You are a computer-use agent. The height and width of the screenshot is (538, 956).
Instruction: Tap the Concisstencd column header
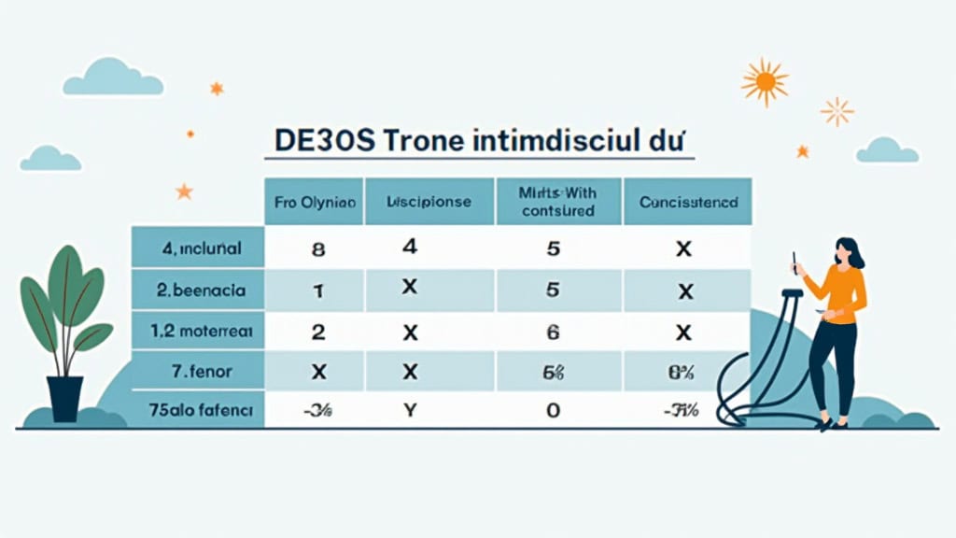[688, 202]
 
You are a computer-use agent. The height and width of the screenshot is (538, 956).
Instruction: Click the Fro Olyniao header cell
[316, 202]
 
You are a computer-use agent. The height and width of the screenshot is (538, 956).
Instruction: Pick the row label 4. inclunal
[200, 249]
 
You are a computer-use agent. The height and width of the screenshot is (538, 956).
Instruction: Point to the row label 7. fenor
[200, 371]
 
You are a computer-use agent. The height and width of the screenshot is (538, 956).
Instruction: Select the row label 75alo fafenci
[200, 408]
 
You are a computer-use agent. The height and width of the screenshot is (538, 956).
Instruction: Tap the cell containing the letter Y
[408, 408]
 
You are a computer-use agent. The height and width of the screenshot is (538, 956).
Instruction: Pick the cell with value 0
[552, 409]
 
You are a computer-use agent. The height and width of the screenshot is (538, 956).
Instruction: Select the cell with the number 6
[552, 332]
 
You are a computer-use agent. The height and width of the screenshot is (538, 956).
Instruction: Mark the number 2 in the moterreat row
[316, 332]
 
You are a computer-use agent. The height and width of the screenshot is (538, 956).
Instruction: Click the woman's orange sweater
[839, 291]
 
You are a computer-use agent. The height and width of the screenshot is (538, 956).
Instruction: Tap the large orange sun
[765, 82]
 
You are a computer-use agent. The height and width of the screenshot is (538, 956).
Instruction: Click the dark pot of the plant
[65, 397]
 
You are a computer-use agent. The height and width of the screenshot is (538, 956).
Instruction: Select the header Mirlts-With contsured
[558, 202]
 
